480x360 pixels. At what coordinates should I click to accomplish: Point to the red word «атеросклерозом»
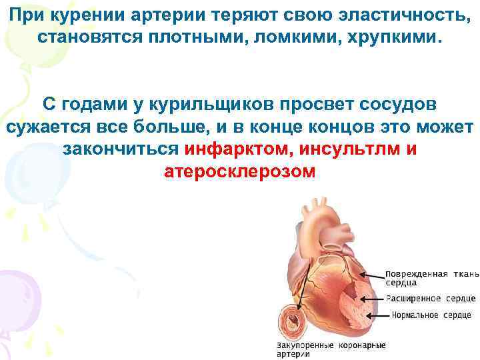tap(240, 171)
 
